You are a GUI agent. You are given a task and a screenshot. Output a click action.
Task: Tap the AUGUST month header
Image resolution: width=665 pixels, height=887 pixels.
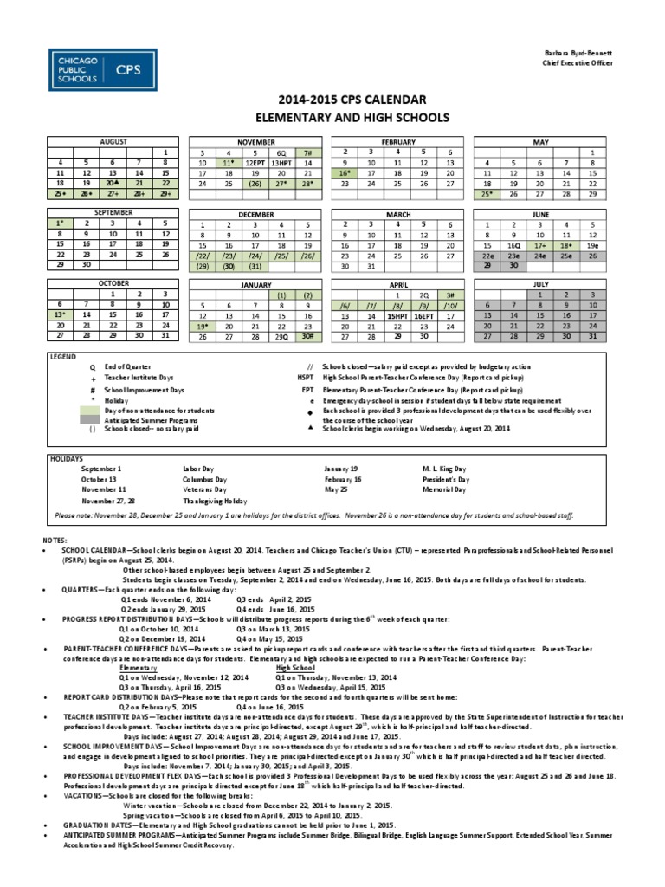113,140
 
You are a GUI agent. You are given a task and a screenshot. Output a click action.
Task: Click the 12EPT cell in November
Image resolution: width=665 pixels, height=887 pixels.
254,162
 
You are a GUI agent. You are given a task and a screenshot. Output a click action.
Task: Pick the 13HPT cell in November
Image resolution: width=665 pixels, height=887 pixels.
281,162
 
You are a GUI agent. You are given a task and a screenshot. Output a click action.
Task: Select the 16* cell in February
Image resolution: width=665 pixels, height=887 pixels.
344,173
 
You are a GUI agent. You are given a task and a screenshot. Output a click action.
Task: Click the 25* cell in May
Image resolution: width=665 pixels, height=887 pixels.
486,195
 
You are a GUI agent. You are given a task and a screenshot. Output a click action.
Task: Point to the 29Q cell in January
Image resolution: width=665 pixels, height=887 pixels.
281,337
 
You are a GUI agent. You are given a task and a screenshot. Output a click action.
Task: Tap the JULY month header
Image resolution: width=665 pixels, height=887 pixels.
539,283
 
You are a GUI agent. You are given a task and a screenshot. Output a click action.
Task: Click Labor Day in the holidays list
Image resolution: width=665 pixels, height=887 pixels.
197,467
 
